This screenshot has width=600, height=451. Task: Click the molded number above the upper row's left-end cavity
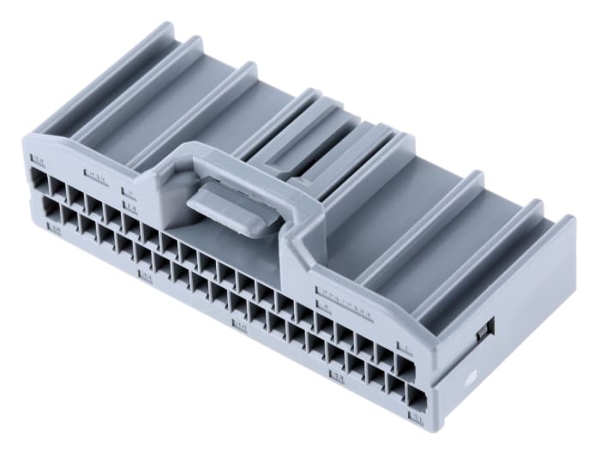[38, 159]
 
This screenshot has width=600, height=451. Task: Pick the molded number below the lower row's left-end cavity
[55, 229]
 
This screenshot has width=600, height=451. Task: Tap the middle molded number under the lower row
[241, 326]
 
